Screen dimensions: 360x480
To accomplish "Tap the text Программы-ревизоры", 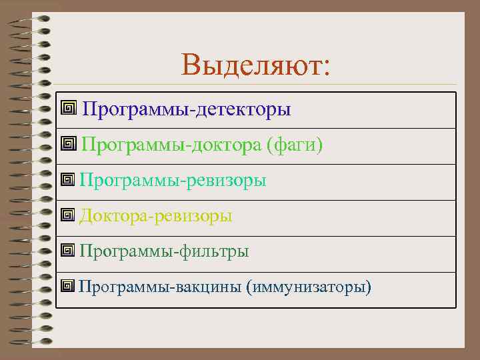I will (x=173, y=180).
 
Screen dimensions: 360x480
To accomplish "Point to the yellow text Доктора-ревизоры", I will (x=156, y=216).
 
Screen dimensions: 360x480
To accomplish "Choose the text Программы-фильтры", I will (x=164, y=251).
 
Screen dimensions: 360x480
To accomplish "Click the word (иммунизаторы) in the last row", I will (x=308, y=287).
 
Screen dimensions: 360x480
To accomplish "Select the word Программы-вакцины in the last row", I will (x=159, y=287).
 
